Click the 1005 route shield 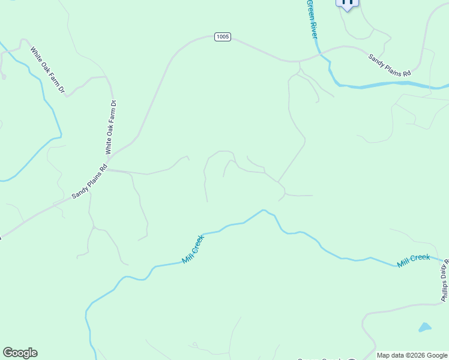(223, 37)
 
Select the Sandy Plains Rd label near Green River (390, 65)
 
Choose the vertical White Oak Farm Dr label (110, 127)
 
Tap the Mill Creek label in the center (193, 249)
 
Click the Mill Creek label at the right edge (414, 261)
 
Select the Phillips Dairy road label (445, 282)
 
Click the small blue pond (424, 328)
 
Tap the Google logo (20, 353)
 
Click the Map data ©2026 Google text (412, 355)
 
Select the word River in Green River (313, 28)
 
